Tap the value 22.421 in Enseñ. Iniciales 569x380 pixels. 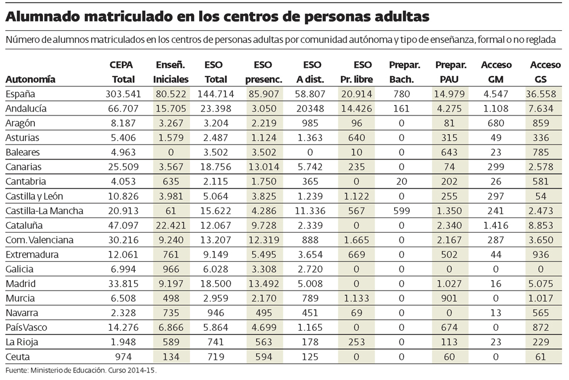tap(170, 225)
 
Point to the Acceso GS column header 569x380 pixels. tap(545, 72)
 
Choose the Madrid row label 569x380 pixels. tap(20, 284)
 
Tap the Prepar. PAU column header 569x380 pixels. tap(450, 72)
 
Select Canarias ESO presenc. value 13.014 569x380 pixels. tap(263, 167)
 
